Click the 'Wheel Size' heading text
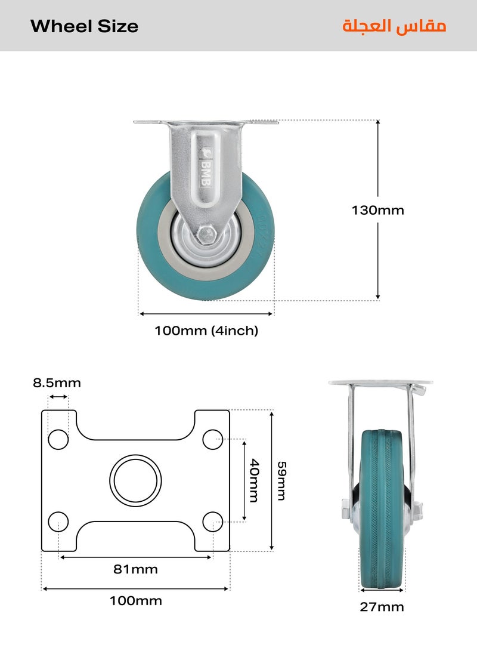pyautogui.click(x=84, y=26)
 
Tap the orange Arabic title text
pyautogui.click(x=394, y=26)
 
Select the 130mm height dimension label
pyautogui.click(x=377, y=210)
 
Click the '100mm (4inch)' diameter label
pyautogui.click(x=206, y=331)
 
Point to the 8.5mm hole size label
pyautogui.click(x=57, y=383)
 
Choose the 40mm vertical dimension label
pyautogui.click(x=254, y=480)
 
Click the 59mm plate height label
pyautogui.click(x=281, y=480)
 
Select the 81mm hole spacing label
pyautogui.click(x=135, y=569)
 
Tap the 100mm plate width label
pyautogui.click(x=135, y=601)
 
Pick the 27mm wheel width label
pyautogui.click(x=382, y=607)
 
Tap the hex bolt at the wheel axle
pyautogui.click(x=206, y=233)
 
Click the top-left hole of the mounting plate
pyautogui.click(x=58, y=439)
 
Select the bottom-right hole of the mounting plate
pyautogui.click(x=212, y=521)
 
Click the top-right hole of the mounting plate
pyautogui.click(x=212, y=439)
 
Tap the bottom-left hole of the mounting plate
pyautogui.click(x=58, y=521)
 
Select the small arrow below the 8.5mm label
pyautogui.click(x=58, y=397)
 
